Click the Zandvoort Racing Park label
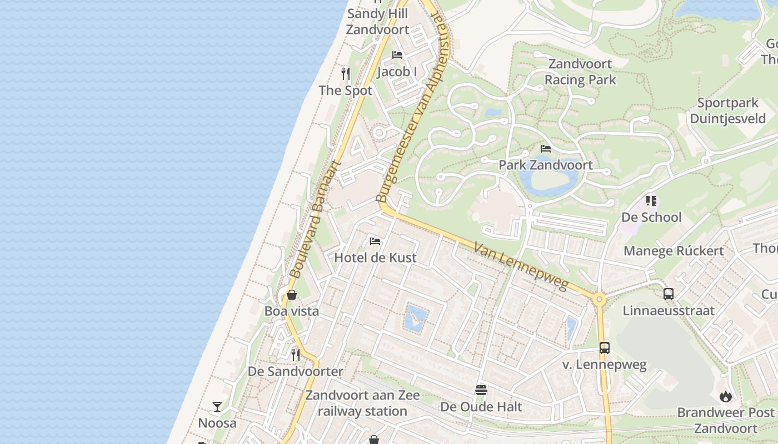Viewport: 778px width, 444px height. (580, 72)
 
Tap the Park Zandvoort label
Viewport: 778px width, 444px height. (545, 165)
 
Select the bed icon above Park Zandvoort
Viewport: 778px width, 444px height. (546, 149)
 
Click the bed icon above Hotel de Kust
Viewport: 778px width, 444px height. (375, 241)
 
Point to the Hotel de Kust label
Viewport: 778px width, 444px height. (375, 258)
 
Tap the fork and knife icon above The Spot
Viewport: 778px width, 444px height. (346, 74)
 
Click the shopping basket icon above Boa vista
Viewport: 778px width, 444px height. (291, 295)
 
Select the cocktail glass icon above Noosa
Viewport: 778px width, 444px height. (217, 407)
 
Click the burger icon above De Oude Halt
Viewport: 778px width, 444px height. (481, 390)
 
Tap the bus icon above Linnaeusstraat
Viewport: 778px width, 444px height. (669, 294)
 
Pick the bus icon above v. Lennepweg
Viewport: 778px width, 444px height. (605, 348)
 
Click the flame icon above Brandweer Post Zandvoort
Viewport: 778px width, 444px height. (725, 396)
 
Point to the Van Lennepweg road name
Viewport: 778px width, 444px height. (521, 266)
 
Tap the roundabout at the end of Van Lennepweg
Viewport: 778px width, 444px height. (599, 300)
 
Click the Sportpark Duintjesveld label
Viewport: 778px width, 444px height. (727, 111)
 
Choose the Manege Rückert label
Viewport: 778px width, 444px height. (674, 251)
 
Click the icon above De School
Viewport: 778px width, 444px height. (651, 201)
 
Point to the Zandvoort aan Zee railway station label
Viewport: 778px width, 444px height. (362, 403)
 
